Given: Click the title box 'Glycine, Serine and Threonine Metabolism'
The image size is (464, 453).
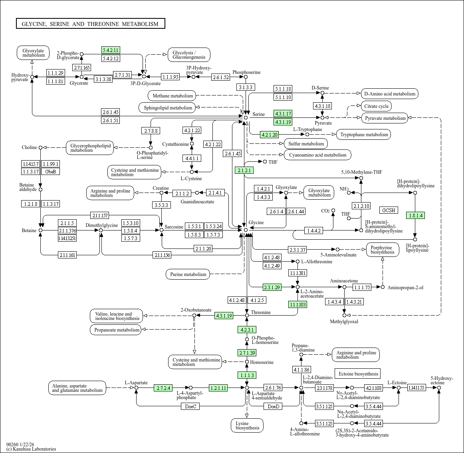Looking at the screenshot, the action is point(90,24).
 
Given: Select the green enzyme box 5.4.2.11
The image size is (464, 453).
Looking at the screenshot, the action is point(111,50).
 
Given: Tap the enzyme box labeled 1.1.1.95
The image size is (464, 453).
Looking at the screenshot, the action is point(171,77).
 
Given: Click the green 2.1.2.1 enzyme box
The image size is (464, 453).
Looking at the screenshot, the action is point(244,170).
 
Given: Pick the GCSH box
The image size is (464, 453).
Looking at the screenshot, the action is point(389,210).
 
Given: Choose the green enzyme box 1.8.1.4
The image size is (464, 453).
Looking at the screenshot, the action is point(415,216).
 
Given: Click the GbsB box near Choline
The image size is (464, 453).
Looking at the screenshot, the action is point(50,171).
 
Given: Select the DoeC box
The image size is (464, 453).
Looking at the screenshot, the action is point(190,407).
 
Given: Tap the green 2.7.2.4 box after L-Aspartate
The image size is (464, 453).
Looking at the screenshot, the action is point(163,388).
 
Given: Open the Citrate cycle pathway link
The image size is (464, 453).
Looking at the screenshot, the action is point(377,106).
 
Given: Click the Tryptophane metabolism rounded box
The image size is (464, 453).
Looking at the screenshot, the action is point(364,134).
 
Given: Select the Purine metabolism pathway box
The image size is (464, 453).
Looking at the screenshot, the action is point(188,274).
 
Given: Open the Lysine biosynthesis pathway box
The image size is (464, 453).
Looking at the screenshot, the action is point(247,425).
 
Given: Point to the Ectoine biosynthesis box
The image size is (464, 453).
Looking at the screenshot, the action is point(358,374).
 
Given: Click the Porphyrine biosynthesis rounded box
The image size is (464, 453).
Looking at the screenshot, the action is point(383,250).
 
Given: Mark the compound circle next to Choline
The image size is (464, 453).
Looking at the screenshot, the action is point(41,147).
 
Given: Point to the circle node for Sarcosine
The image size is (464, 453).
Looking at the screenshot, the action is point(162,230).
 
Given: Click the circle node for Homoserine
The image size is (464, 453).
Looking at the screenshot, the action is point(247,362).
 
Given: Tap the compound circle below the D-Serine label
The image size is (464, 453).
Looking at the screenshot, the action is point(323,93).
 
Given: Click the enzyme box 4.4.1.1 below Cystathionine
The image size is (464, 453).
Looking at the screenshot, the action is point(192,159).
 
